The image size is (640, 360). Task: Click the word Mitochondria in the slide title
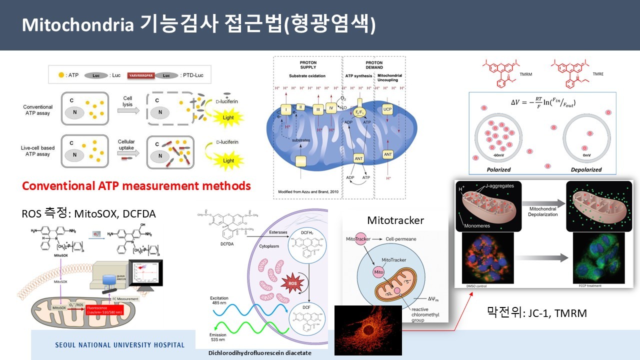tap(77, 25)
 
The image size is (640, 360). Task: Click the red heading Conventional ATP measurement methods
tap(136, 186)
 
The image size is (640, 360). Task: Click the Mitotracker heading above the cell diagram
tap(395, 220)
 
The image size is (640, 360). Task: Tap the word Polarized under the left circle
tap(498, 169)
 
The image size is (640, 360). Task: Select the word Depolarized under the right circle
tap(586, 169)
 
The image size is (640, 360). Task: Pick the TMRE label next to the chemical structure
tap(598, 73)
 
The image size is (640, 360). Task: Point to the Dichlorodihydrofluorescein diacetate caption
tap(259, 353)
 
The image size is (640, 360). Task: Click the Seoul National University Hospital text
tap(119, 345)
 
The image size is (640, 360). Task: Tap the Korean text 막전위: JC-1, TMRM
tap(536, 313)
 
